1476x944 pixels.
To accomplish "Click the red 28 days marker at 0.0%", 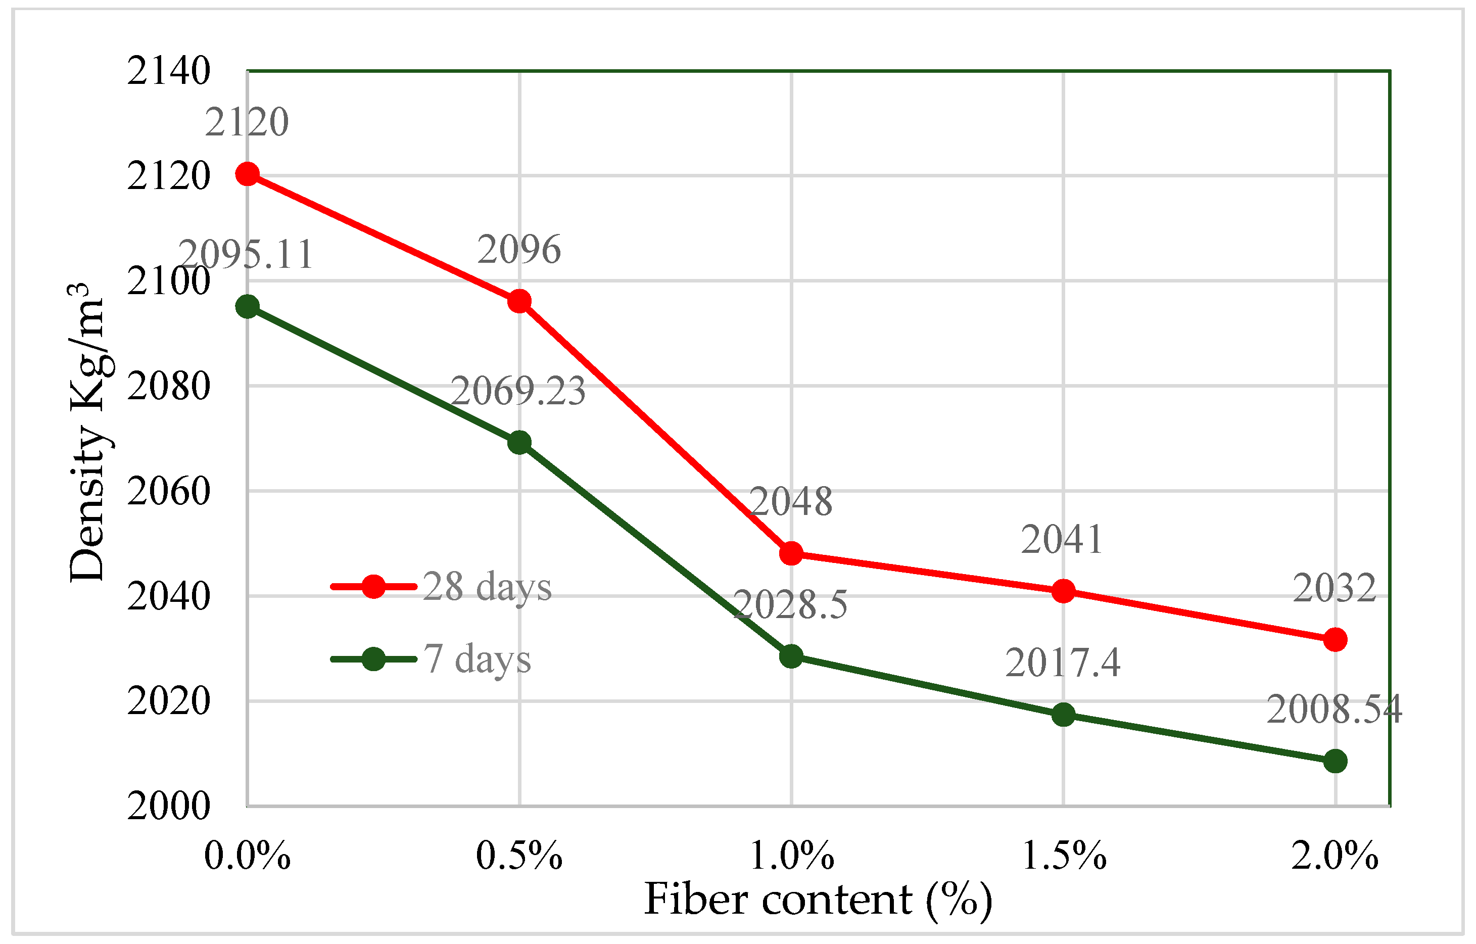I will pos(247,174).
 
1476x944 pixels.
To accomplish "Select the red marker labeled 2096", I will pos(519,301).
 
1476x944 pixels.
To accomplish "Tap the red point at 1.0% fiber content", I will pos(791,553).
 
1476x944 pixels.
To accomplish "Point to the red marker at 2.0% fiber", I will pos(1336,640).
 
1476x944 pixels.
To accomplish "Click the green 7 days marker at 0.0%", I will pos(247,306).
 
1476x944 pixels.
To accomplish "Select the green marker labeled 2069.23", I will pos(519,442).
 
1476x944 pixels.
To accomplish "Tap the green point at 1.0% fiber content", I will pos(791,656).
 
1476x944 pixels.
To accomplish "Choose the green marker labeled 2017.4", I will pos(1064,714).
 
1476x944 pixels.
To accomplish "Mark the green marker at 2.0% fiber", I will pos(1336,762).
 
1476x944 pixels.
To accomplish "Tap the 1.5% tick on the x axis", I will pos(1064,856).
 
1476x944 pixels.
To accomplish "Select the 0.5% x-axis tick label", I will pos(519,856).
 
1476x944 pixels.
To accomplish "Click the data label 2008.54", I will pos(1335,710).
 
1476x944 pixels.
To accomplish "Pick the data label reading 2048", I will pos(791,501).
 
